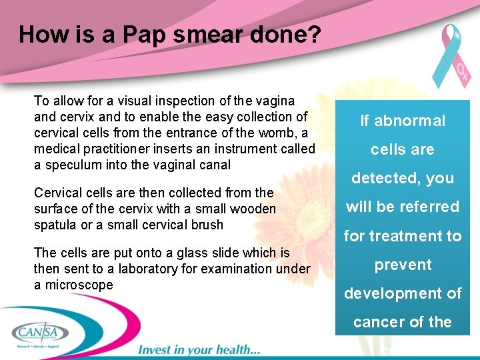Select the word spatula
coord(55,225)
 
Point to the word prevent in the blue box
coord(403,265)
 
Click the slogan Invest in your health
coord(198,349)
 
